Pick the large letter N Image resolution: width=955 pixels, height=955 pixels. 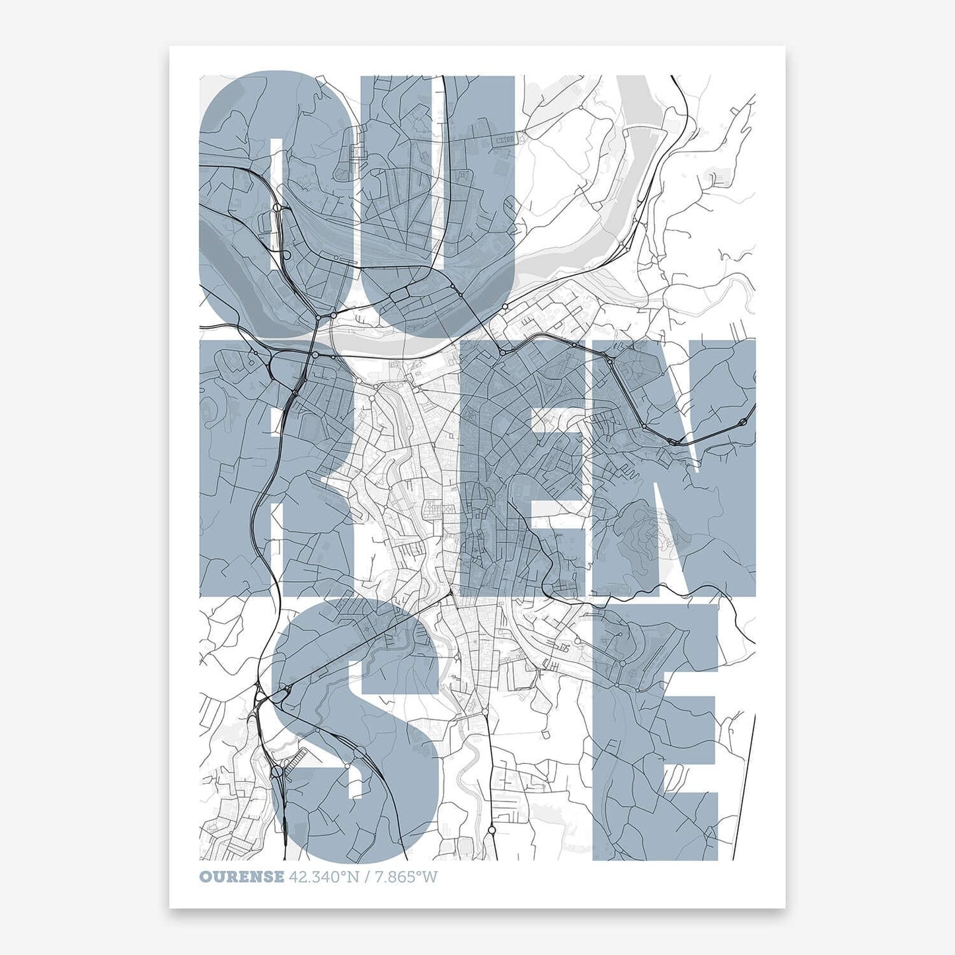[x=681, y=463]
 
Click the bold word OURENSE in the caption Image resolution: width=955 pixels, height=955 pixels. [x=242, y=878]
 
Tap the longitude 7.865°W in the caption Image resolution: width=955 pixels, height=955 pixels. [x=406, y=878]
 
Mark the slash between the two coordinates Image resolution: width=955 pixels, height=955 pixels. [x=369, y=878]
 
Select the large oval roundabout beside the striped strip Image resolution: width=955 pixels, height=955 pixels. [x=277, y=771]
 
